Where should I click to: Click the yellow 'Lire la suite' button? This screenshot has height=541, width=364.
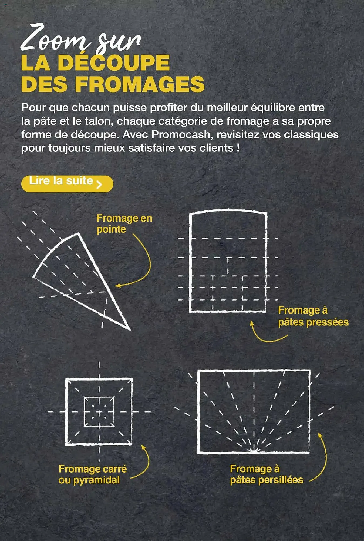click(67, 184)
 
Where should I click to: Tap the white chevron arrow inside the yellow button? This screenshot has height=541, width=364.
click(99, 184)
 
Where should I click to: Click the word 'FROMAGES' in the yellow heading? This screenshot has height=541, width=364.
click(140, 84)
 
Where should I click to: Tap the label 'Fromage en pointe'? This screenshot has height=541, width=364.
click(124, 224)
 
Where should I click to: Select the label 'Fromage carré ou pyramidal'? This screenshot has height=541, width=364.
click(92, 474)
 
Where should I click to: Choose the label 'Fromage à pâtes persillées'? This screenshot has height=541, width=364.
click(266, 474)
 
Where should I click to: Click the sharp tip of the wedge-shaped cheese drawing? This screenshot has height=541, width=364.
click(130, 330)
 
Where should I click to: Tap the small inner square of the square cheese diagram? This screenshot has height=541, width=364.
click(99, 412)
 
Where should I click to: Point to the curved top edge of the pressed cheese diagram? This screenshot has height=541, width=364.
click(228, 210)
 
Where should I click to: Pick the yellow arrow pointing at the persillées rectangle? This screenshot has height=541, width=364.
click(323, 460)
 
